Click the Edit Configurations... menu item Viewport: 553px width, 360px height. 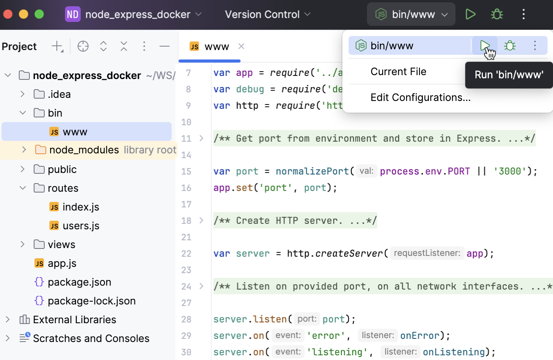(x=420, y=97)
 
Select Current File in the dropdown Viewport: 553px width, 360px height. (x=398, y=72)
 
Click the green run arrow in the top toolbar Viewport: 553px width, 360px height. (x=470, y=14)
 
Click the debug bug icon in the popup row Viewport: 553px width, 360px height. (x=510, y=46)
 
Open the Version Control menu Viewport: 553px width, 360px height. (x=267, y=14)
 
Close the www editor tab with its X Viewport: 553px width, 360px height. (x=241, y=46)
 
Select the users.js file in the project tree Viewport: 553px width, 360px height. (x=81, y=226)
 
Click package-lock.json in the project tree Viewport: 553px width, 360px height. (x=91, y=301)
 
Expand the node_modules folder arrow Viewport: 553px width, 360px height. (x=24, y=150)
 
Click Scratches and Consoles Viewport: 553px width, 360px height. (x=91, y=338)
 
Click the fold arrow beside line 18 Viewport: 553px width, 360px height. (x=201, y=221)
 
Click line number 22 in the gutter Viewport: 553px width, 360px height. (x=186, y=254)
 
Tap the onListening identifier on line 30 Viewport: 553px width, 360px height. (x=454, y=352)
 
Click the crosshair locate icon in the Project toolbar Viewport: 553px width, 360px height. (x=83, y=46)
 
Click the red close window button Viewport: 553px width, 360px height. (x=8, y=14)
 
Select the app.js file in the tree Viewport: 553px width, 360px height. (x=62, y=263)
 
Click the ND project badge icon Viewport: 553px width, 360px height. (x=73, y=14)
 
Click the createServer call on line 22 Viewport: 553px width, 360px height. (x=349, y=254)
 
